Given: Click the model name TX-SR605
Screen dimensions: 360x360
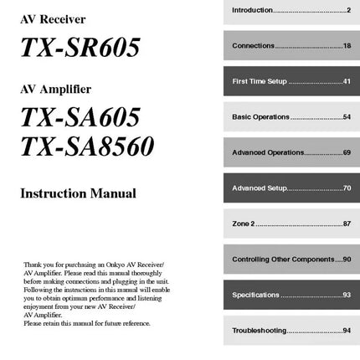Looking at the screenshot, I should pos(80,49).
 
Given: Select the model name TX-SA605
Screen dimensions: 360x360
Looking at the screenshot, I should pos(80,116).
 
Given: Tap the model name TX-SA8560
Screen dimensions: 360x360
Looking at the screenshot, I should pos(87,147).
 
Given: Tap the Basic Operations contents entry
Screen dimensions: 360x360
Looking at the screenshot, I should pos(260,116).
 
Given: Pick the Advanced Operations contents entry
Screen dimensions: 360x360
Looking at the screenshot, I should pos(268,152).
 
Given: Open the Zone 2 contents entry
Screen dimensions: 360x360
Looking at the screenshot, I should pos(243,224).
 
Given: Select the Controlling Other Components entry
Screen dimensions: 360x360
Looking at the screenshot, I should pos(285,260).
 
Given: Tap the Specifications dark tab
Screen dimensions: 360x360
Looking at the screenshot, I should pos(256,295).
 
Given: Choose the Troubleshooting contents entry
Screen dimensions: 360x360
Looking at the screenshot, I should pos(260,332).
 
